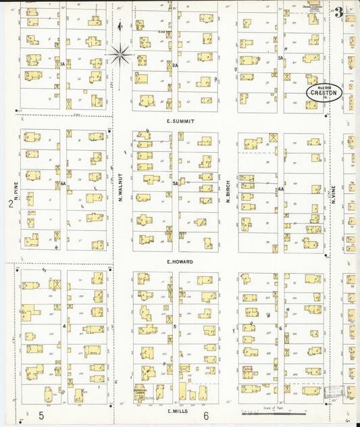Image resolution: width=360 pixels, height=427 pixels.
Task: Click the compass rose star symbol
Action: coord(121,53)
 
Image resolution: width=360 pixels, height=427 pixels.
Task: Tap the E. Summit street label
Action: coord(180,121)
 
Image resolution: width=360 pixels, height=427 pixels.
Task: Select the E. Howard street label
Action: coord(180,261)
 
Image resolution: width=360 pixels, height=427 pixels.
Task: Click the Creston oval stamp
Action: coord(324,93)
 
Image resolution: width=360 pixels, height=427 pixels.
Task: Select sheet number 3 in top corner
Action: coord(338,11)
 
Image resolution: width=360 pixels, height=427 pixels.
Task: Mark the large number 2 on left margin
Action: coord(10,203)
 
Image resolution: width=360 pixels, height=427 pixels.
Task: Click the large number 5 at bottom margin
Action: coord(41,415)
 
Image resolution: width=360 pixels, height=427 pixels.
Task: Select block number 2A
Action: coord(175,65)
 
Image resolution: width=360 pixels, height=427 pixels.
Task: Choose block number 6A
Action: coord(62,183)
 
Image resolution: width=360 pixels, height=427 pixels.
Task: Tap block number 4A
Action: coord(280,190)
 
